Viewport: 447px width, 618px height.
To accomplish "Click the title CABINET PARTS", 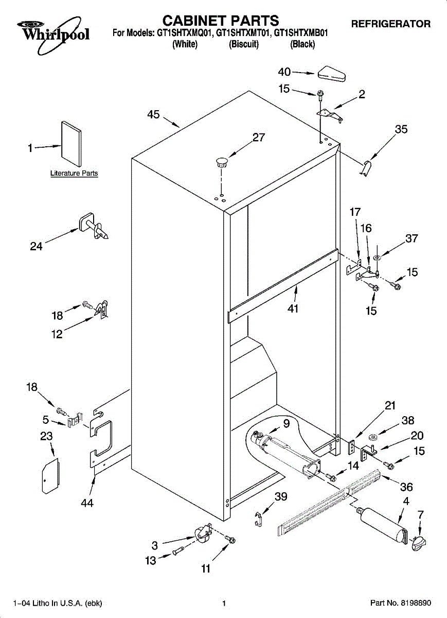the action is pyautogui.click(x=221, y=21).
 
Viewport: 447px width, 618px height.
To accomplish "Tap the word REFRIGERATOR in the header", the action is pyautogui.click(x=390, y=24).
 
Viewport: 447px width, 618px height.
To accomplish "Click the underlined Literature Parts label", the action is pyautogui.click(x=74, y=173).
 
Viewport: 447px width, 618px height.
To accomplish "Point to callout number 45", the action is pyautogui.click(x=153, y=114).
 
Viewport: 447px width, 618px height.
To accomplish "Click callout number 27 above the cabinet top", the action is pyautogui.click(x=259, y=137).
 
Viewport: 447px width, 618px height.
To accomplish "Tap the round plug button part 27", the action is pyautogui.click(x=222, y=162).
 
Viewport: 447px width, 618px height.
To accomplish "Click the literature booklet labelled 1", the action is pyautogui.click(x=71, y=144).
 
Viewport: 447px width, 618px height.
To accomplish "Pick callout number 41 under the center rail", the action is pyautogui.click(x=293, y=308).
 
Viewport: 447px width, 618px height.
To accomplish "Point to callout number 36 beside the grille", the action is pyautogui.click(x=406, y=487).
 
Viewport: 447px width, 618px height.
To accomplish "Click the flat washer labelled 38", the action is pyautogui.click(x=372, y=437).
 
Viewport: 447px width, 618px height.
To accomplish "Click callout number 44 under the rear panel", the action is pyautogui.click(x=87, y=503).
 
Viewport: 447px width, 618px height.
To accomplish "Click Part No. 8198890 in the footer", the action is pyautogui.click(x=400, y=603).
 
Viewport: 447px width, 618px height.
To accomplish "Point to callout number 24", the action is pyautogui.click(x=36, y=246).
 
